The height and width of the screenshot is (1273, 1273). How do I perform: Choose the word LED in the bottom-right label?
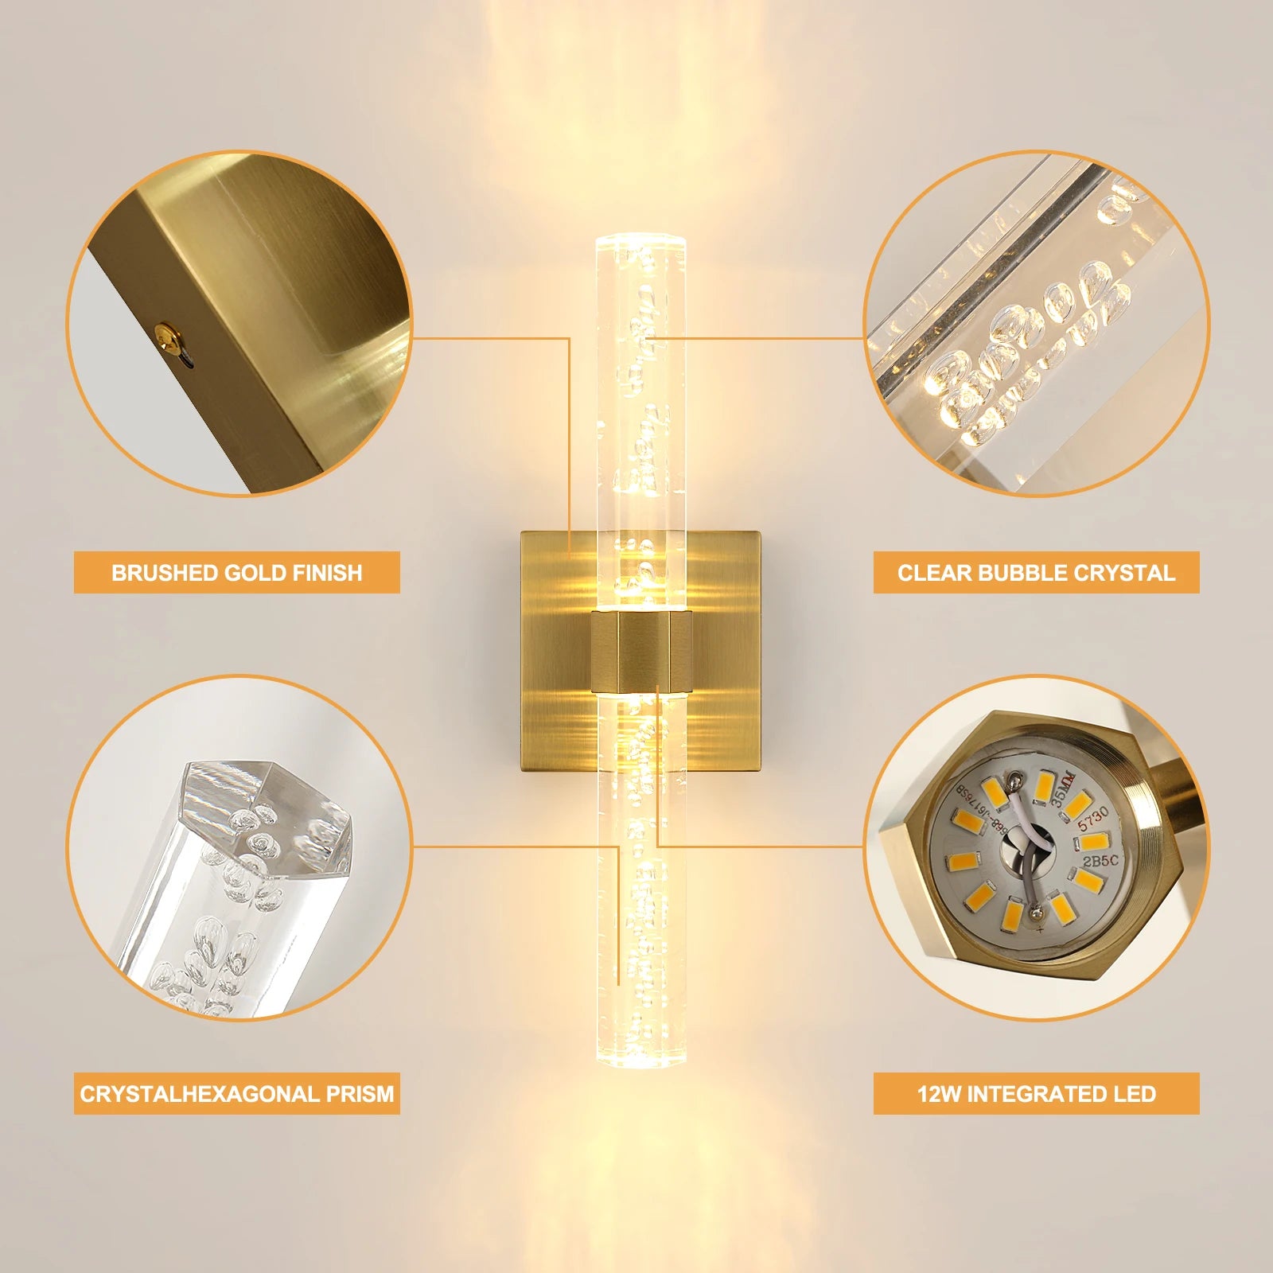pos(1135,1094)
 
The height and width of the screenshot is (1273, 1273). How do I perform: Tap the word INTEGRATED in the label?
pos(1038,1094)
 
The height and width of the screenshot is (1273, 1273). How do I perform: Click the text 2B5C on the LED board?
pos(1100,861)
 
